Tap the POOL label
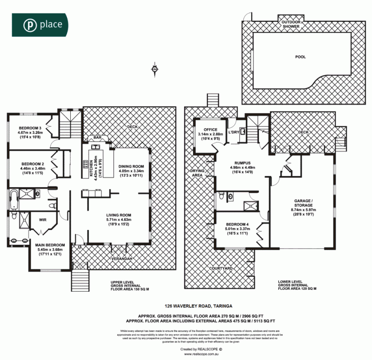pos(301,57)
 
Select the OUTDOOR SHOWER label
pos(292,23)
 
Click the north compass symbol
pos(154,70)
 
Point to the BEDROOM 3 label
pos(30,128)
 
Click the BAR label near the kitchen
pos(97,138)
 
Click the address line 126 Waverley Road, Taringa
pos(199,306)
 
